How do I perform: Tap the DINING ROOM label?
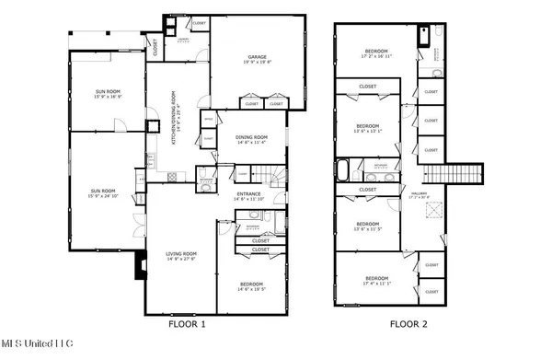click(250, 139)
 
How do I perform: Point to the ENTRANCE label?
click(250, 195)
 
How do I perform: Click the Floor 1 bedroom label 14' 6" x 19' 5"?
click(250, 285)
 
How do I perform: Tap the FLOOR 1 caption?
click(186, 323)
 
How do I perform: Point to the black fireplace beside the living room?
click(139, 265)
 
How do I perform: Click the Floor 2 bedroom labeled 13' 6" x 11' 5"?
click(368, 225)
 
